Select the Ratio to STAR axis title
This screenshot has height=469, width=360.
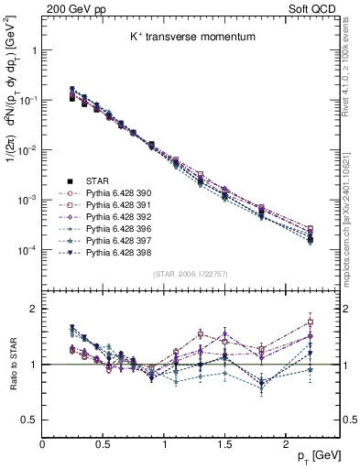pos(13,367)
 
